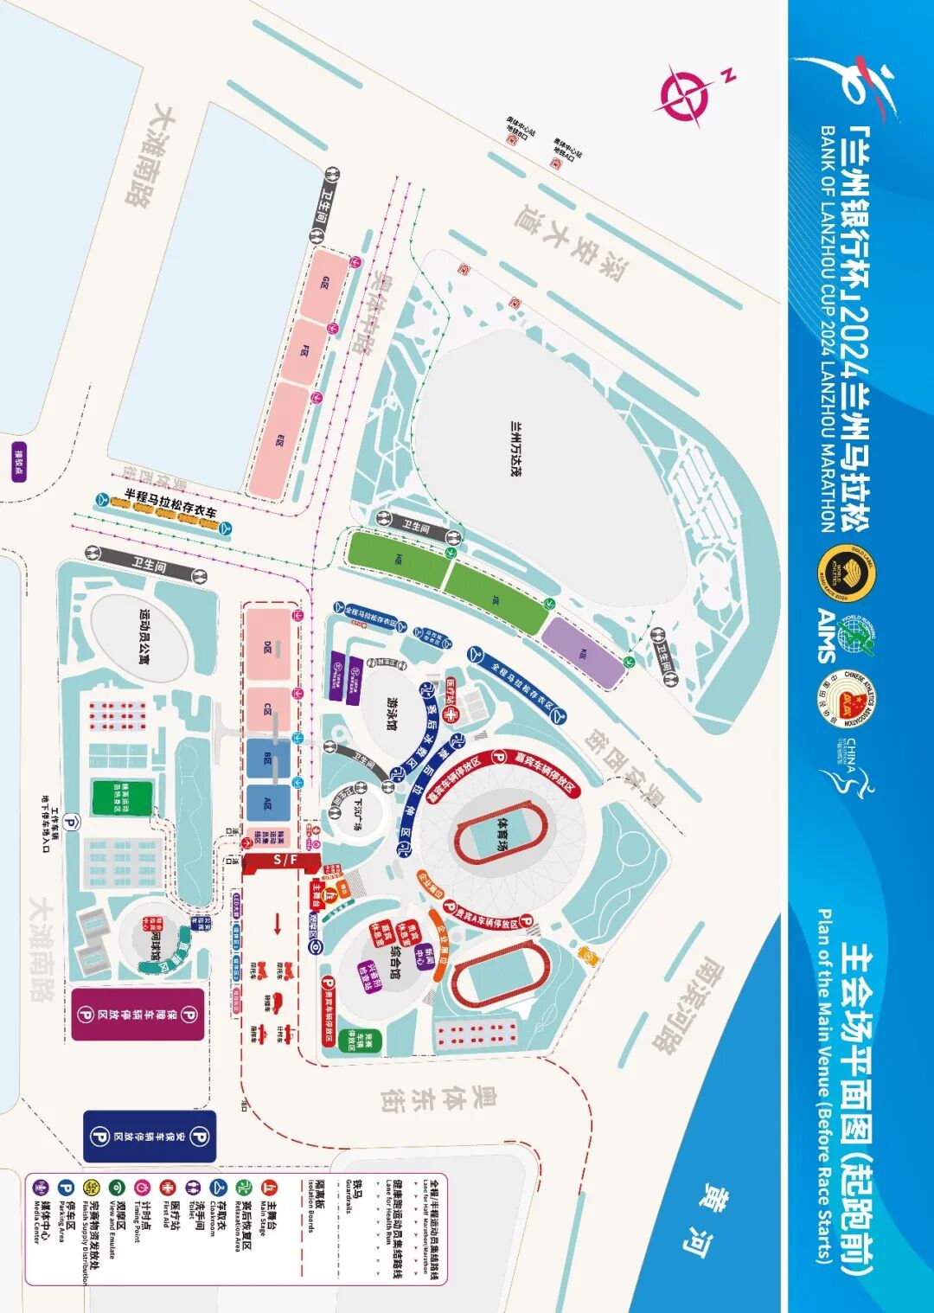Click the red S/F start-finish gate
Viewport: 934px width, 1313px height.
282,860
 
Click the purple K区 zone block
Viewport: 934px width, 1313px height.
583,651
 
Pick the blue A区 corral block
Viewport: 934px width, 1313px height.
268,801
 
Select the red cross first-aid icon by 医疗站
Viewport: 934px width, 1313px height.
451,715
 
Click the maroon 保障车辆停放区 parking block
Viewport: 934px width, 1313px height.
138,1014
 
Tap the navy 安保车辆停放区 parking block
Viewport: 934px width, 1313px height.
150,1136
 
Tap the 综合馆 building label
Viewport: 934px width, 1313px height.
395,957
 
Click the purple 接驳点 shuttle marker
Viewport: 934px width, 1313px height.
19,462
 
